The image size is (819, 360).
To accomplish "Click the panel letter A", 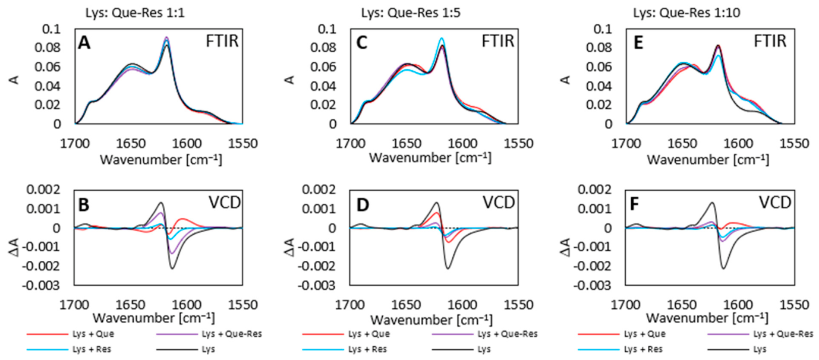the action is pyautogui.click(x=84, y=43).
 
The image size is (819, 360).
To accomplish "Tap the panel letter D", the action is pyautogui.click(x=363, y=205).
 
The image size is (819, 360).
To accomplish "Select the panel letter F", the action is pyautogui.click(x=634, y=205).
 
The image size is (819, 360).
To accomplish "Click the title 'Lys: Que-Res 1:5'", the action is pyautogui.click(x=411, y=13).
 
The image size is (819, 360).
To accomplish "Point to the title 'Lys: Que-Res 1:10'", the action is pyautogui.click(x=686, y=13).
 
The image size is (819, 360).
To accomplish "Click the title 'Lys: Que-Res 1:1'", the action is pyautogui.click(x=135, y=13).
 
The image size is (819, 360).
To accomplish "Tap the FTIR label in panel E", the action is pyautogui.click(x=770, y=41).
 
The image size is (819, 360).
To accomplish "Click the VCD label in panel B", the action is pyautogui.click(x=225, y=203).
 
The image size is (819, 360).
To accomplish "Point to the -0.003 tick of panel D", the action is pyautogui.click(x=316, y=285).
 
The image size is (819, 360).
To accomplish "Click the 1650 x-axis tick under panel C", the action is pyautogui.click(x=406, y=143).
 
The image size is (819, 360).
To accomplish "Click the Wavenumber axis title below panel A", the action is pyautogui.click(x=161, y=160).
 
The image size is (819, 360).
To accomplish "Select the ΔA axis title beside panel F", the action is pyautogui.click(x=565, y=247).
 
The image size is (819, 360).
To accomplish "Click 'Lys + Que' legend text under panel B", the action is pyautogui.click(x=93, y=334).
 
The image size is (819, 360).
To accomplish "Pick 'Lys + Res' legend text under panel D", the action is pyautogui.click(x=367, y=349).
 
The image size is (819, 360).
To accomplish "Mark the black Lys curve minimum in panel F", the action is pyautogui.click(x=723, y=269).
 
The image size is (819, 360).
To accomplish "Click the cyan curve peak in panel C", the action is pyautogui.click(x=442, y=38).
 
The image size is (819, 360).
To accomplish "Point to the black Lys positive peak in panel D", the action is pyautogui.click(x=437, y=203).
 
